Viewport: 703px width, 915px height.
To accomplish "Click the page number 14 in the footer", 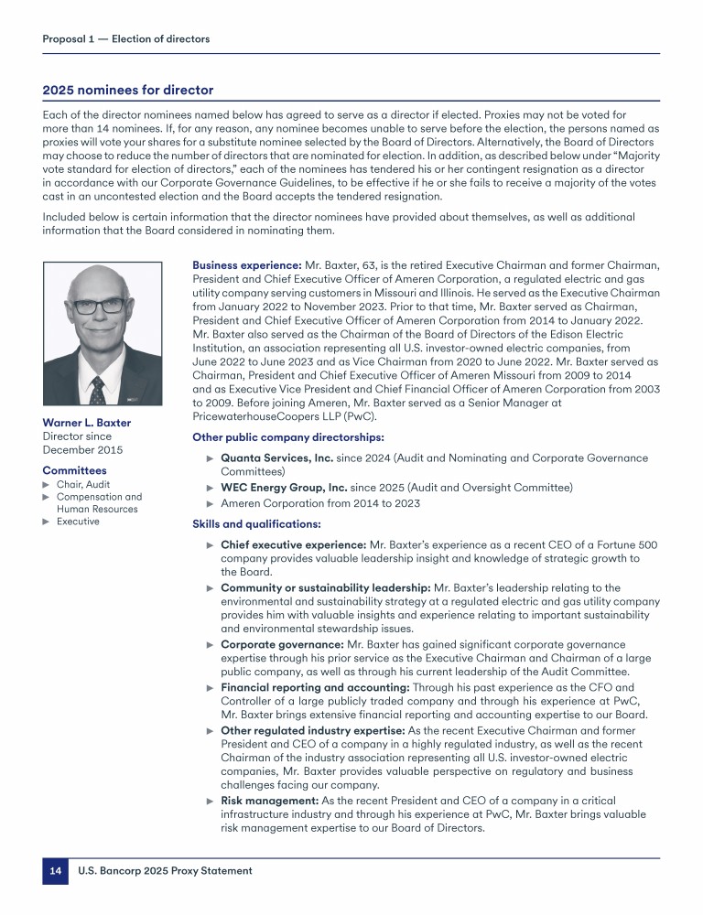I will (55, 871).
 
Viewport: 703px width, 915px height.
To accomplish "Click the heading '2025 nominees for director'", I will (128, 91).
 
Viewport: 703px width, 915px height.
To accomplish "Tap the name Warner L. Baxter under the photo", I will (87, 423).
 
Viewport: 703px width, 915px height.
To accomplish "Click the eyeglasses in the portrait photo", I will (98, 306).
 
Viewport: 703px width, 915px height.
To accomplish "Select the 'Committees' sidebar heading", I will (74, 470).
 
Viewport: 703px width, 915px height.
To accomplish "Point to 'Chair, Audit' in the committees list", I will (83, 484).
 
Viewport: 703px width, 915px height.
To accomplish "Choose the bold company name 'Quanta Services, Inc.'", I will (282, 457).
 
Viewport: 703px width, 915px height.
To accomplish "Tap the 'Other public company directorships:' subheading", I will (287, 436).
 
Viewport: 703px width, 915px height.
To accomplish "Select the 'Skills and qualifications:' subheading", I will (257, 524).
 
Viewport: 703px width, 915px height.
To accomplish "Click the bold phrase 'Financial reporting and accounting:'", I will (316, 686).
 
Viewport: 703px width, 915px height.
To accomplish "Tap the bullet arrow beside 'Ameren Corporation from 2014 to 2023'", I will (211, 504).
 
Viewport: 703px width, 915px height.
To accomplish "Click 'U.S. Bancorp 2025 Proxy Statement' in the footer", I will (166, 871).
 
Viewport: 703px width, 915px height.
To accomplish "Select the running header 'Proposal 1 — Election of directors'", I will (126, 39).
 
